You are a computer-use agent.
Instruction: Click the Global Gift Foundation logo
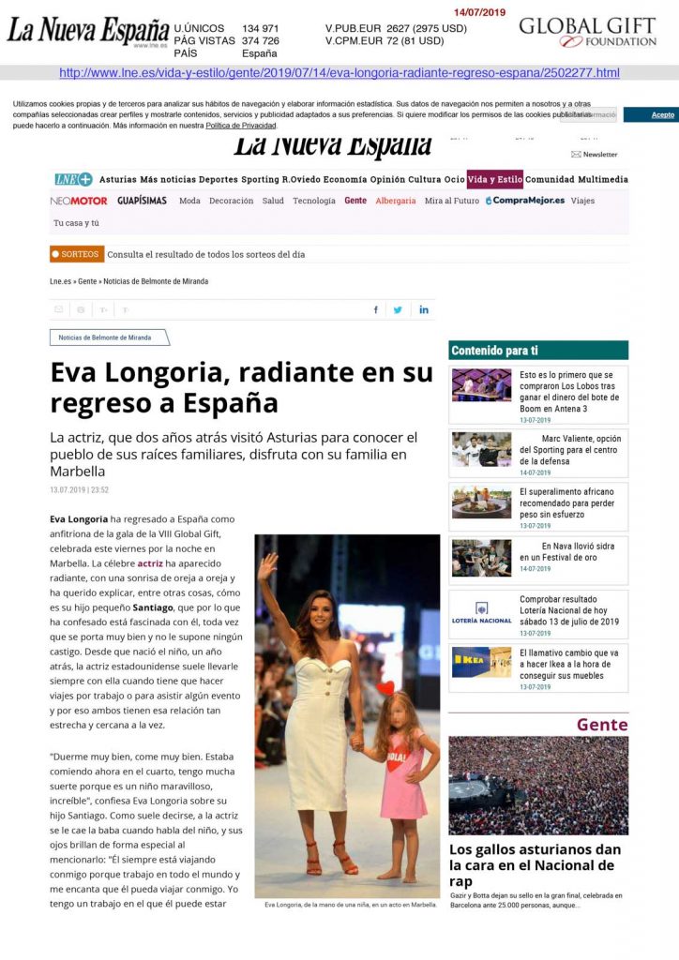coord(588,31)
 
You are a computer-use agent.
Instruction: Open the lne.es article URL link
coord(339,72)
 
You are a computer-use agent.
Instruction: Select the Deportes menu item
coord(218,179)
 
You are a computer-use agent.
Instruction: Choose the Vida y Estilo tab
coord(495,179)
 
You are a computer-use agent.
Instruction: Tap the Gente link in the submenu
coord(355,201)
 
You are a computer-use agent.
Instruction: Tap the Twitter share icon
coord(398,309)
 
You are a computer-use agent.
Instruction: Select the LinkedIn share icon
coord(424,309)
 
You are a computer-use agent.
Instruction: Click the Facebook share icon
coord(376,309)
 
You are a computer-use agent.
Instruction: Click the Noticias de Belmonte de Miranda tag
coord(109,337)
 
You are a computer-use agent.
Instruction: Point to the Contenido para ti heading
coord(495,351)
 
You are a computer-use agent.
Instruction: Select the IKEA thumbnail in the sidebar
coord(481,662)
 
